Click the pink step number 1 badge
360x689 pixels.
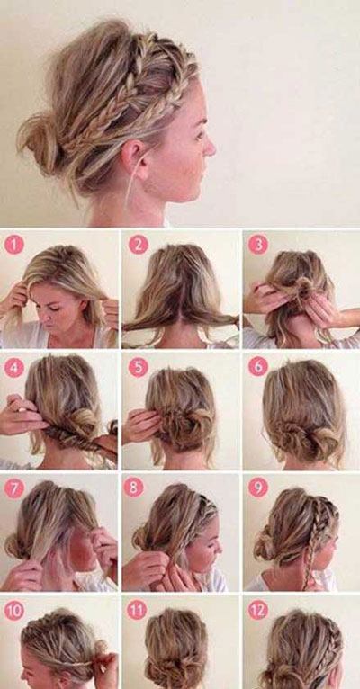coord(14,245)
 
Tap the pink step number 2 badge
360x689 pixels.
coord(138,245)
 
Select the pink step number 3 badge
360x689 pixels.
coord(258,245)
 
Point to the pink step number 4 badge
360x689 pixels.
coord(14,368)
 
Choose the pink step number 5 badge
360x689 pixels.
coord(138,368)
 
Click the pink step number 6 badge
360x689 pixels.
coord(258,367)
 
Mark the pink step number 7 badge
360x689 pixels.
coord(14,488)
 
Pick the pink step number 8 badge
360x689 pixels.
coord(133,488)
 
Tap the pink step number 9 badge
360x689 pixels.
coord(258,488)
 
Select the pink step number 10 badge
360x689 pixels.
coord(14,611)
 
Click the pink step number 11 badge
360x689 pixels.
coord(137,611)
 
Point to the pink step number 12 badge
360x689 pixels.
coord(258,611)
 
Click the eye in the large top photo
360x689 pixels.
coord(199,135)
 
